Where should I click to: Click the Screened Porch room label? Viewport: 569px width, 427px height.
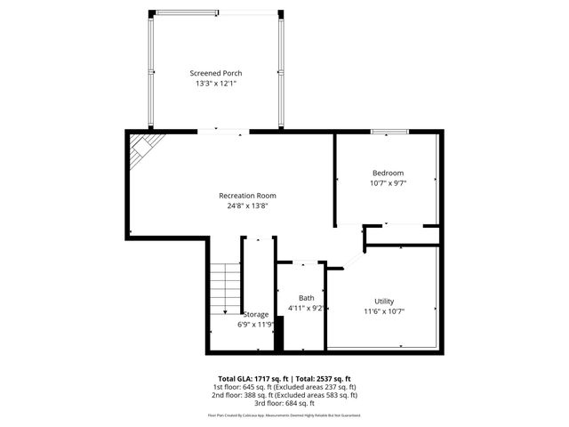click(x=215, y=73)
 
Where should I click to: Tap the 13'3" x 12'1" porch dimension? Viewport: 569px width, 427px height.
click(x=215, y=84)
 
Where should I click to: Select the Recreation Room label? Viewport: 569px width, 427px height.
click(x=247, y=196)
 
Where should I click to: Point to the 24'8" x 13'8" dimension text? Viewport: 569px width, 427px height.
click(x=247, y=205)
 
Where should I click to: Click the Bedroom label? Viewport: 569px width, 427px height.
click(x=388, y=173)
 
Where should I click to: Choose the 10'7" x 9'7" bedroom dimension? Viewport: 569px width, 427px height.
click(x=388, y=182)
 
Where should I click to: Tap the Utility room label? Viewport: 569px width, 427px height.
click(x=384, y=302)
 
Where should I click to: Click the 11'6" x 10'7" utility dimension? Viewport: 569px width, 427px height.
click(x=384, y=311)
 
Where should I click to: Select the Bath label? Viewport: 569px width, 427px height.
click(x=306, y=298)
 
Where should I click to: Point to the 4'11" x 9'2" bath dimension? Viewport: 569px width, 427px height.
click(x=305, y=308)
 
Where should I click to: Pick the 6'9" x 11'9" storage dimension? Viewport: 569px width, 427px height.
click(x=255, y=325)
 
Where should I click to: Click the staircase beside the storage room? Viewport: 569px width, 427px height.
click(x=226, y=288)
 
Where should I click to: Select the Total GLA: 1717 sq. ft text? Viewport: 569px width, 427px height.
click(x=249, y=378)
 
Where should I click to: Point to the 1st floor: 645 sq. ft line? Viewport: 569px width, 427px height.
click(x=284, y=387)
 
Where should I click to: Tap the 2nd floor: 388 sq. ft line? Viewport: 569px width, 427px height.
click(x=284, y=395)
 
